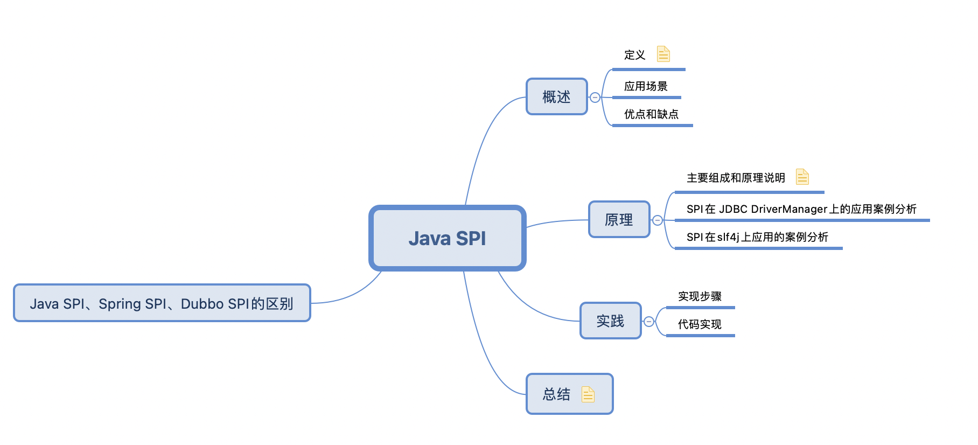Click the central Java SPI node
click(447, 238)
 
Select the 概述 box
click(556, 97)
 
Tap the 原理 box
click(619, 220)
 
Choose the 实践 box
click(610, 321)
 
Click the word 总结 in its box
click(556, 394)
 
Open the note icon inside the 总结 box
click(588, 394)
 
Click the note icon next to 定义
click(663, 54)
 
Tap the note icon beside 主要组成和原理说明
click(802, 177)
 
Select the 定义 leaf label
click(634, 55)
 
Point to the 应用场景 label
click(646, 86)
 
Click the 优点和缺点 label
click(651, 114)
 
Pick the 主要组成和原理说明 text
click(736, 178)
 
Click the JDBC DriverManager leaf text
click(801, 209)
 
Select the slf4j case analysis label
click(757, 237)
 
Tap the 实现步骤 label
click(700, 296)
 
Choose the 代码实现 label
click(700, 324)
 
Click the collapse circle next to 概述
click(595, 98)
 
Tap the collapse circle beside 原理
click(658, 220)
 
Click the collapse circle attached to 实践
click(649, 322)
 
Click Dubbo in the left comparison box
click(202, 304)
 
